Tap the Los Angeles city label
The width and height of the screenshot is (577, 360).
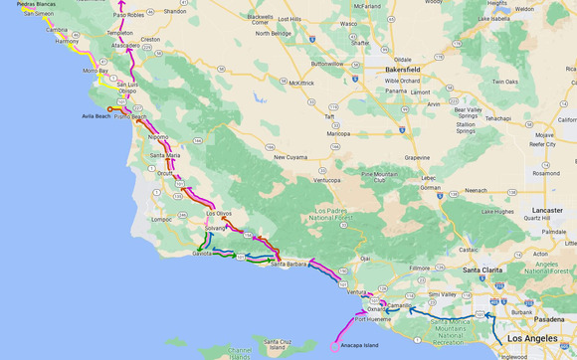[x=532, y=339]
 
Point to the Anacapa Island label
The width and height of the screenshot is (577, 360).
[x=359, y=345]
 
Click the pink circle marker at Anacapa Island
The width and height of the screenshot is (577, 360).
[x=334, y=347]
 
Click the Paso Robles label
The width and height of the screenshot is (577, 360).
[x=128, y=15]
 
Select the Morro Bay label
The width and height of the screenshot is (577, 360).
[x=96, y=71]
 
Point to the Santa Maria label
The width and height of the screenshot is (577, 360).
[x=165, y=155]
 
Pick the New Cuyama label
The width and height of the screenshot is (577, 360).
[x=292, y=156]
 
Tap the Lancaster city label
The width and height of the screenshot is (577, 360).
[x=547, y=211]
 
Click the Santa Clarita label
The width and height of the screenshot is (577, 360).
[x=482, y=270]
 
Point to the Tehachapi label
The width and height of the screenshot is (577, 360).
[x=497, y=118]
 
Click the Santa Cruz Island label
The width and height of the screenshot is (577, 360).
[x=277, y=345]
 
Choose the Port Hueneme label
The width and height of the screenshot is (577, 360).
[x=373, y=319]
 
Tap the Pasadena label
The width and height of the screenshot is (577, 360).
[x=548, y=319]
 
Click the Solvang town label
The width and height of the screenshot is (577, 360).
[x=216, y=228]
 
